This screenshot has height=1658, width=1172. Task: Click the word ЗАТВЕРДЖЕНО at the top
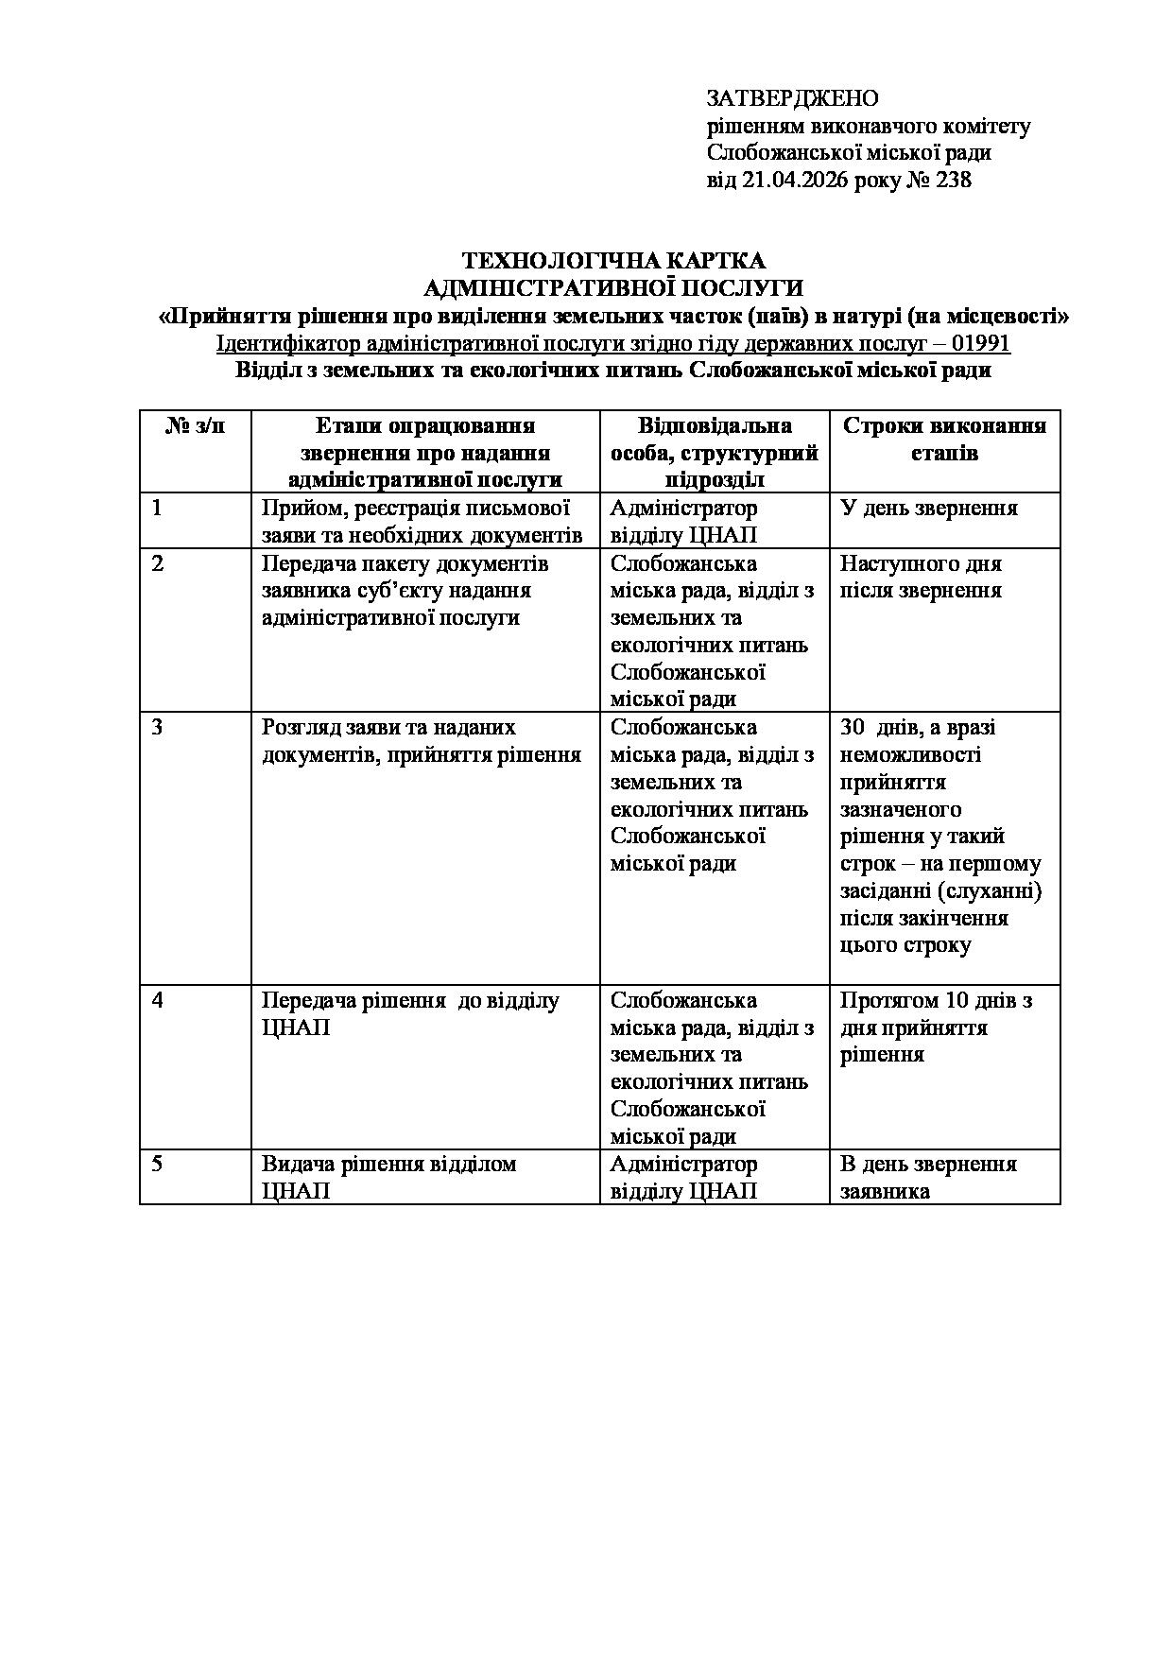point(792,98)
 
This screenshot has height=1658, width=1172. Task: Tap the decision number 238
point(953,180)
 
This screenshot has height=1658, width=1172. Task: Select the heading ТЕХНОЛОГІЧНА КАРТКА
point(613,261)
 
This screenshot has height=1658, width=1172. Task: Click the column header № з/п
point(196,426)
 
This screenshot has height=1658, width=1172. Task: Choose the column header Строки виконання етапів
point(944,440)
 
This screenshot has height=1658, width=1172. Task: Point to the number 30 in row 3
point(853,728)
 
